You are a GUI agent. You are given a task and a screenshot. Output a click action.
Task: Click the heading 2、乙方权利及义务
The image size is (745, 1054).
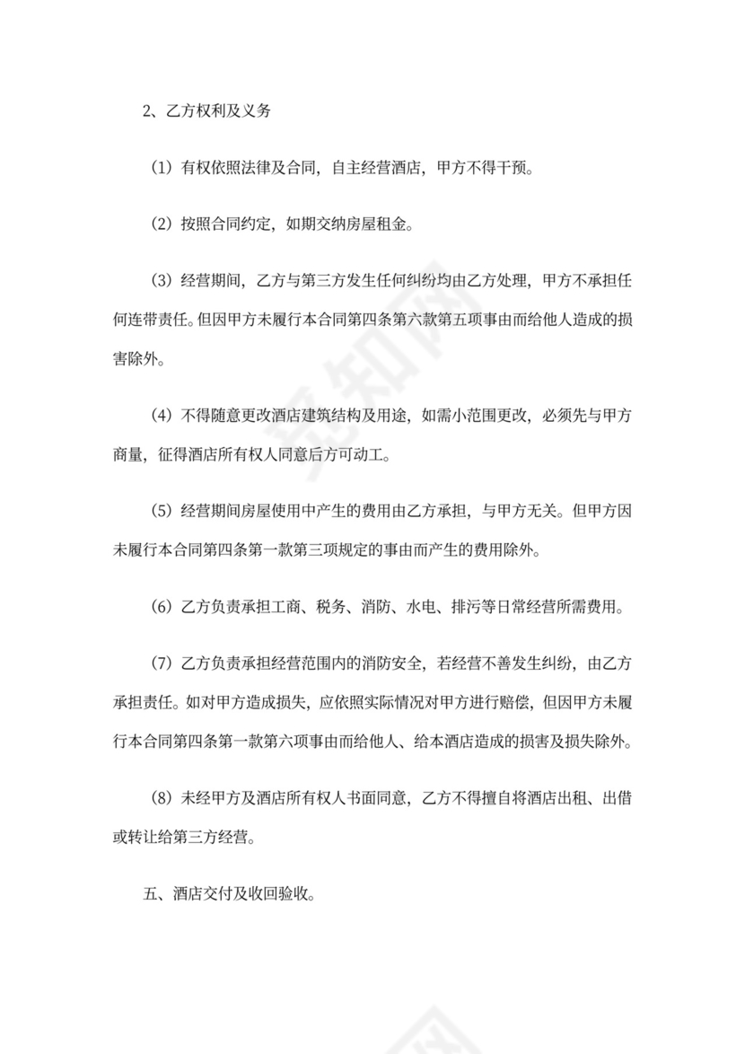[x=206, y=112]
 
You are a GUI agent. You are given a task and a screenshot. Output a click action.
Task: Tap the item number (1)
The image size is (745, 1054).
[x=161, y=168]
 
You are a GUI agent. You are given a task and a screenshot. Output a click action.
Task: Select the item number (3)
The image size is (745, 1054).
[x=161, y=280]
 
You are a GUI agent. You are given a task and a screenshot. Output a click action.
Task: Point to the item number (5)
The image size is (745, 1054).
[x=161, y=511]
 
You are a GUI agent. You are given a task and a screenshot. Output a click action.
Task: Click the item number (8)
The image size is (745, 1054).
[x=161, y=796]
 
